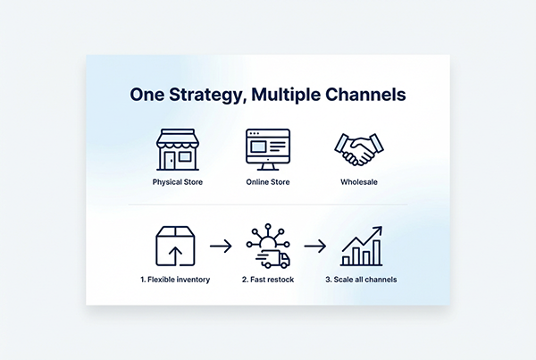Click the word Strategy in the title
coord(206,95)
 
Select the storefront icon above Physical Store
coord(177,150)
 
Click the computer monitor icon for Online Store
coord(268,150)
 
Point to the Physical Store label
coord(177,182)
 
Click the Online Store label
coord(268,182)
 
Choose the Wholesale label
coord(357,182)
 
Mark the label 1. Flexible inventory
coord(175,280)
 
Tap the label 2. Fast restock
coord(268,280)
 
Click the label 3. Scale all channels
coord(361,280)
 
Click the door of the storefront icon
coord(170,161)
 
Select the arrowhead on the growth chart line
coord(378,230)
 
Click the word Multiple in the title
coord(288,95)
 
